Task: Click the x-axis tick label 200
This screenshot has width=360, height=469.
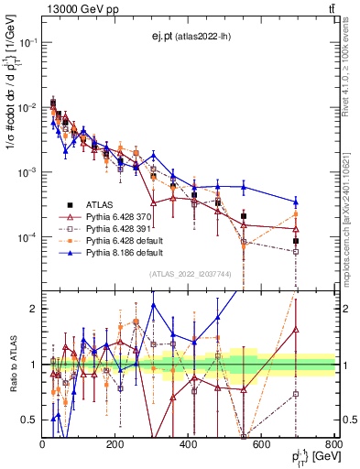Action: [115, 444]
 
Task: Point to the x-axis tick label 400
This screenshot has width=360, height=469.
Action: [189, 444]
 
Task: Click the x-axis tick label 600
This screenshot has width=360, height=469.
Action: [261, 444]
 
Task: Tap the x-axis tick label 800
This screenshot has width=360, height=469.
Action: [333, 444]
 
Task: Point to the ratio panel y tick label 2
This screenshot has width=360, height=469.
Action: [34, 309]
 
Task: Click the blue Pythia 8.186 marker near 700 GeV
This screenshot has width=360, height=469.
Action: [296, 202]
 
